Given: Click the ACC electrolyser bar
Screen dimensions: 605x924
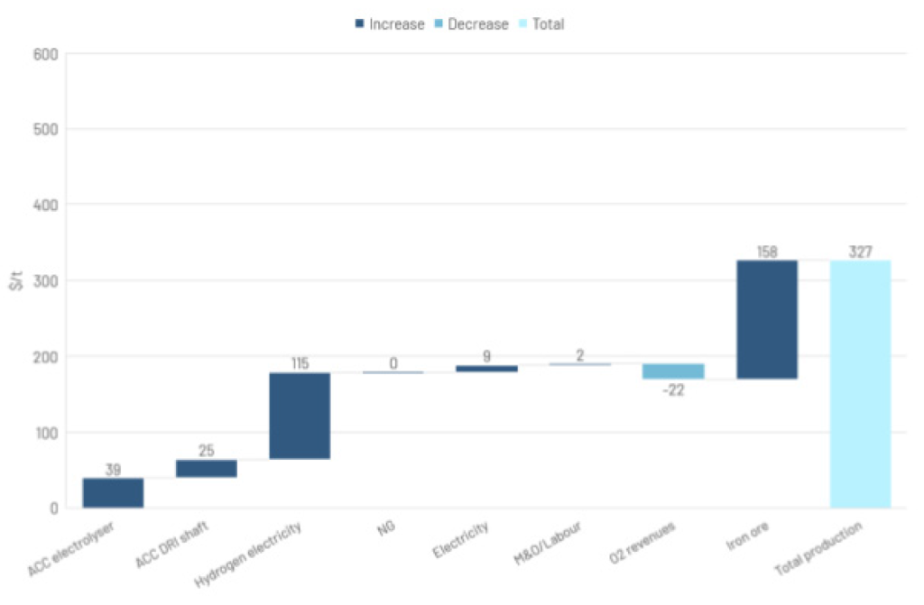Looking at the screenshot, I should (113, 492).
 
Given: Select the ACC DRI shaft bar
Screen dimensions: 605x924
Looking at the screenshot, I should (207, 468).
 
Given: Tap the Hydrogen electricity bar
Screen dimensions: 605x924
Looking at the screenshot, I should (300, 416).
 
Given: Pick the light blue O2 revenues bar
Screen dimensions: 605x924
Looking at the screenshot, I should (673, 371).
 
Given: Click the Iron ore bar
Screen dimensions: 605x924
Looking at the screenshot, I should (766, 319).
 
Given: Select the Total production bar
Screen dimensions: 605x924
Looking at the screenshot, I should (860, 383).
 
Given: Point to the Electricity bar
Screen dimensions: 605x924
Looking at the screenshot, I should (486, 368).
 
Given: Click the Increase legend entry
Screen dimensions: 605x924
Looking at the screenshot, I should (389, 24).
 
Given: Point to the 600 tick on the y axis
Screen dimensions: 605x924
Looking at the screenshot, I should (47, 54).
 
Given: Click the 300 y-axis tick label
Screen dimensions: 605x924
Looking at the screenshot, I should (47, 281).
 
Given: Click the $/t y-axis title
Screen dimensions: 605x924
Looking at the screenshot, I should (15, 281).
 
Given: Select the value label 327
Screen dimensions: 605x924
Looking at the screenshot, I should (860, 252).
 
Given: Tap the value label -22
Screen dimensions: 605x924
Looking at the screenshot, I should (673, 389).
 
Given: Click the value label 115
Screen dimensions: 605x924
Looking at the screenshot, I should (300, 363).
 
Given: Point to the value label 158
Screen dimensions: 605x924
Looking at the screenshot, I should (766, 252).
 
